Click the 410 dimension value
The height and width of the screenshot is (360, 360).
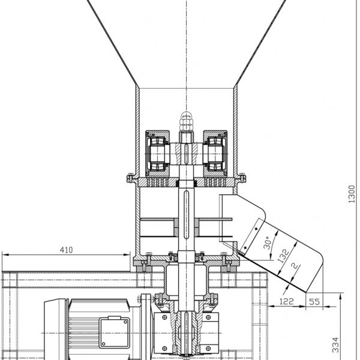click(x=66, y=250)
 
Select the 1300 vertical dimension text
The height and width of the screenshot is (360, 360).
click(x=352, y=194)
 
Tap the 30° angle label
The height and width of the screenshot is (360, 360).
click(x=268, y=243)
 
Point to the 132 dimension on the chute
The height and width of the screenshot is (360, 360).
click(x=283, y=256)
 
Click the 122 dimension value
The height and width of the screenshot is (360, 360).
click(x=287, y=301)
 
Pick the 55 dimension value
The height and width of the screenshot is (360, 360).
click(x=314, y=301)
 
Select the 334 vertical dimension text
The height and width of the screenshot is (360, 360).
click(x=335, y=344)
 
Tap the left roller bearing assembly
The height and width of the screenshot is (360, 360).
click(x=157, y=154)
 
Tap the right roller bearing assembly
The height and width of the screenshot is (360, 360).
click(x=215, y=154)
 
